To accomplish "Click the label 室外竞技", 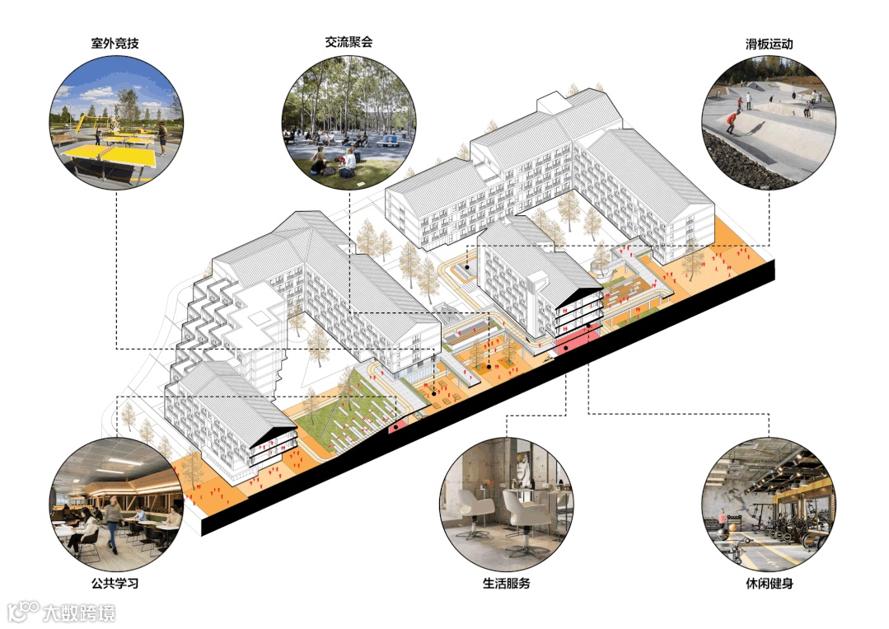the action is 115,42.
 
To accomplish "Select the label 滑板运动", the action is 768,43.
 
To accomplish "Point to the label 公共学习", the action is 115,584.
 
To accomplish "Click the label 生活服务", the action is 506,584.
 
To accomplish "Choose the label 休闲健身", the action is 768,584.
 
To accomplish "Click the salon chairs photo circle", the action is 506,504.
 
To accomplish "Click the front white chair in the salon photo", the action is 521,510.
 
